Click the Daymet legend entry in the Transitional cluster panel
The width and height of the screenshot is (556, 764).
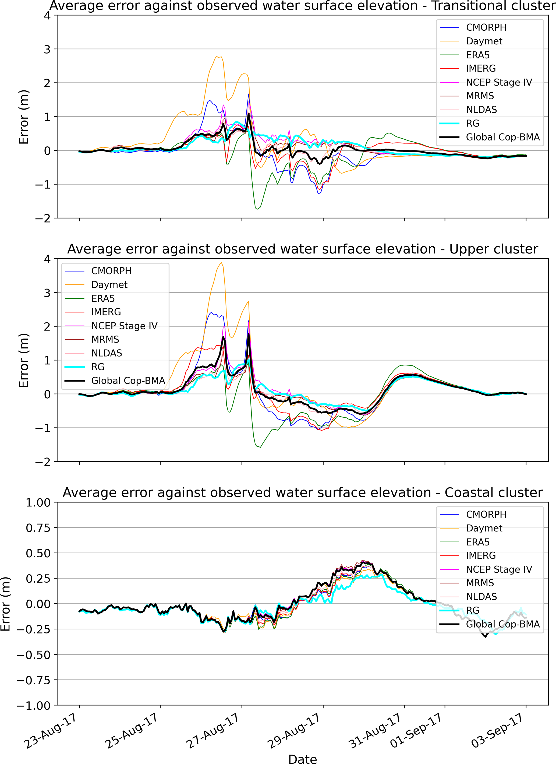click(x=484, y=41)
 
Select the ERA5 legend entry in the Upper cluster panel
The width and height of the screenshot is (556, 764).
click(x=103, y=298)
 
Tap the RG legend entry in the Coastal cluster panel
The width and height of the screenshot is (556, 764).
click(x=473, y=610)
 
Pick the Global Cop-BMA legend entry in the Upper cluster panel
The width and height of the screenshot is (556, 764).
click(x=128, y=381)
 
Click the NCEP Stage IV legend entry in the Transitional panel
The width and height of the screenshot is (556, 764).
click(x=499, y=82)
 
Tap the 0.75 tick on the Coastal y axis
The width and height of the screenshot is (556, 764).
click(x=38, y=528)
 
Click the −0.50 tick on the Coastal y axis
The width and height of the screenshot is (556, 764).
click(x=34, y=654)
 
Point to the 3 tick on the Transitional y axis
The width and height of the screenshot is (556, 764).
click(x=47, y=50)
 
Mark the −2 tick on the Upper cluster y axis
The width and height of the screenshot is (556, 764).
click(x=43, y=462)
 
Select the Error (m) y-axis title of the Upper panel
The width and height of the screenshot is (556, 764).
click(x=24, y=360)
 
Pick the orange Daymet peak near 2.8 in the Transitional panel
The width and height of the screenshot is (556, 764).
click(x=217, y=56)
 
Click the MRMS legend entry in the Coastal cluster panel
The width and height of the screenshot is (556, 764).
click(x=480, y=583)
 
